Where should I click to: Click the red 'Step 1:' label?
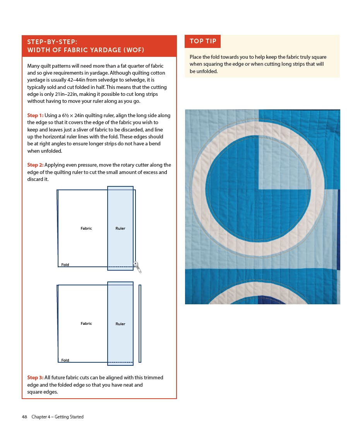coord(35,115)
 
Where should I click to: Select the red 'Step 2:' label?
coord(35,165)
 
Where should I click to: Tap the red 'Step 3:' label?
coord(35,377)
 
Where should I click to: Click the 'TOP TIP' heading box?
coord(202,41)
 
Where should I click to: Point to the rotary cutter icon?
coord(137,267)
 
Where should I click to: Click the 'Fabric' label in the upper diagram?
coord(86,229)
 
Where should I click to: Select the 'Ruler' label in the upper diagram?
coord(120,229)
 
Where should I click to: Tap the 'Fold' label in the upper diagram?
coord(65,265)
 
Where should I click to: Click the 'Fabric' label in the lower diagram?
coord(86,324)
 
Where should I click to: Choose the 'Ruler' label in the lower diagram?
coord(120,324)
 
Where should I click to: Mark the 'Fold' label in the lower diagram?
coord(65,360)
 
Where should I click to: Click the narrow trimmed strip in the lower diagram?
coord(140,324)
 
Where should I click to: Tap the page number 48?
coord(24,417)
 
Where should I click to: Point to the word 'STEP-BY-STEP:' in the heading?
coord(52,42)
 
